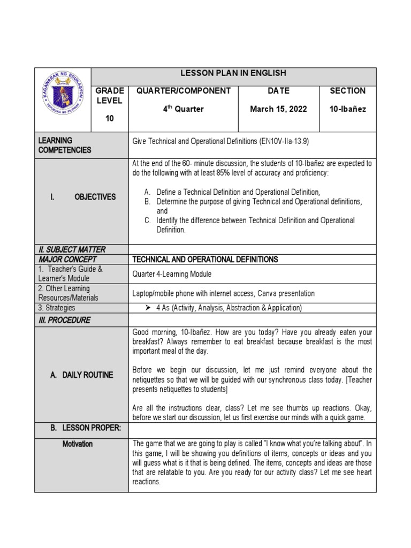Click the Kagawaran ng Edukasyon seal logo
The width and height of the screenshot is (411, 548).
63,100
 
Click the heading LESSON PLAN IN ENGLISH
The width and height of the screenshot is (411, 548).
233,73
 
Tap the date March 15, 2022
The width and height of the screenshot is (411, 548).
278,109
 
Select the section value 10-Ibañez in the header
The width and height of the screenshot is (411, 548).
348,109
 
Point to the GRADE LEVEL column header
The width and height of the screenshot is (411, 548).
110,96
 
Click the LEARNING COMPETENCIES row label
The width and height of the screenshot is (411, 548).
65,145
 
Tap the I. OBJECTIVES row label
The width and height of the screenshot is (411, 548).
82,197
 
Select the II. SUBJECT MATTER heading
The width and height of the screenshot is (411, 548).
72,249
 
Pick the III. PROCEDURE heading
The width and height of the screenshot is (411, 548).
64,320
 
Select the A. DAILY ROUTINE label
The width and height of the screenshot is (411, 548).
81,375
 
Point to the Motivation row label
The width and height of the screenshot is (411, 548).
77,444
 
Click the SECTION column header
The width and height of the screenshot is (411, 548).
348,91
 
